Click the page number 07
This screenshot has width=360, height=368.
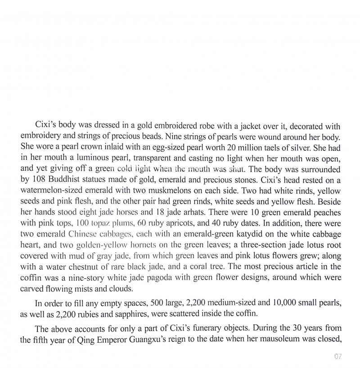click(338, 357)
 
